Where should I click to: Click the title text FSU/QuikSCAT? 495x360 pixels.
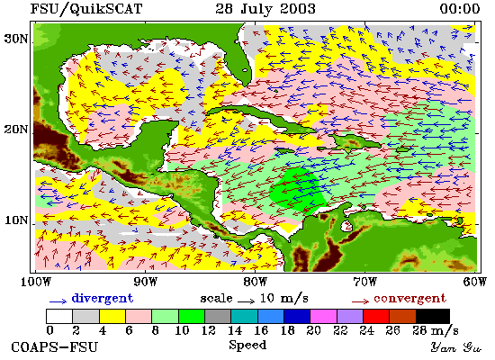86,9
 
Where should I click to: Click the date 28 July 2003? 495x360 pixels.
265,8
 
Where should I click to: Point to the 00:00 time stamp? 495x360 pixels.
460,8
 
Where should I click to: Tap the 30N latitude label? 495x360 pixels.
16,39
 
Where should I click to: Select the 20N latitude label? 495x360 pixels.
16,130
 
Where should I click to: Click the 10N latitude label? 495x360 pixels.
16,220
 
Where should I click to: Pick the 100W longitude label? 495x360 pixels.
36,282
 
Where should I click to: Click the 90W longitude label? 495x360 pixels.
146,282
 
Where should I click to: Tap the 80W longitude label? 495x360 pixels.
256,282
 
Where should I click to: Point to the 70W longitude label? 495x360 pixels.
364,282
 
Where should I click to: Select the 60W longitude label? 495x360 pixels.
474,282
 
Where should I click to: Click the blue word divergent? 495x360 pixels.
103,298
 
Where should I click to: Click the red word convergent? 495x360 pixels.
409,299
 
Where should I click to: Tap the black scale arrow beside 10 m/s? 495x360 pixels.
246,301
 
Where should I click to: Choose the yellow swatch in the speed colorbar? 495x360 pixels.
112,316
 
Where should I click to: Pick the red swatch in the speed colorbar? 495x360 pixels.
376,316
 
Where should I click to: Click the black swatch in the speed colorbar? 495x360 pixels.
433,316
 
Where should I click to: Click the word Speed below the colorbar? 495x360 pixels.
247,345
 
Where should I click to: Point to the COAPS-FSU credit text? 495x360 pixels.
55,347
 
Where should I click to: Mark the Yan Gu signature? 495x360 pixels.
456,347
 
